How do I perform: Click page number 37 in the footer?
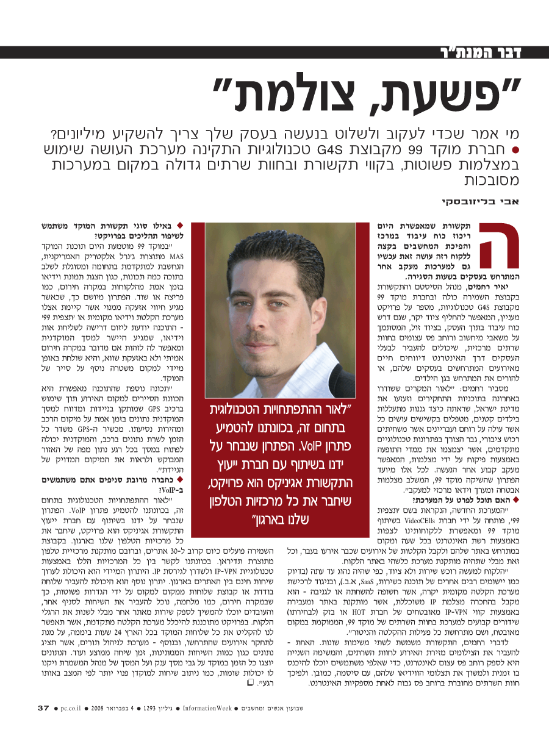pos(43,708)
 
